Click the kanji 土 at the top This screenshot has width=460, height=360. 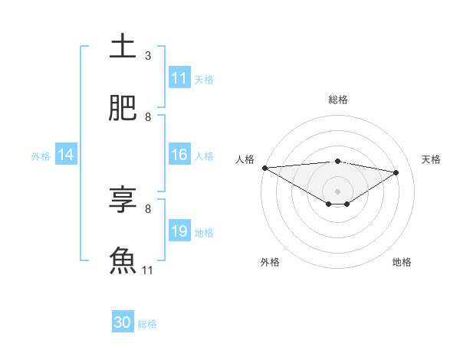123,47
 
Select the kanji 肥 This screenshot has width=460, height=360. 123,109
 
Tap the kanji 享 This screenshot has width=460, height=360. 123,200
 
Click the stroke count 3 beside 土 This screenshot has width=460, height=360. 148,56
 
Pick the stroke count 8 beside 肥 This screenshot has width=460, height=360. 148,117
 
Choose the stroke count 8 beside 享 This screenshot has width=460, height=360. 148,208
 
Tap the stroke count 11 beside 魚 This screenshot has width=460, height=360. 148,270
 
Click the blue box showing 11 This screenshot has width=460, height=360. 179,78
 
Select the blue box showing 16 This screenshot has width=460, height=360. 179,155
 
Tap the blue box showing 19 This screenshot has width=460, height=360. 179,231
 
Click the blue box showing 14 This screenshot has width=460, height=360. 66,155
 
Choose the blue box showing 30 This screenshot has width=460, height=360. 123,322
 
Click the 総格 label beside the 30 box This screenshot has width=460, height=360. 147,324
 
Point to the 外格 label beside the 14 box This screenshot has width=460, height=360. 41,155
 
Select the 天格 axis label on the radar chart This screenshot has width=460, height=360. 432,159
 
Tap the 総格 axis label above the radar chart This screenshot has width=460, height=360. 338,100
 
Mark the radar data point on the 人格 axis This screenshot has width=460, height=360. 264,168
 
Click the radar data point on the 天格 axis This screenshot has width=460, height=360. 396,172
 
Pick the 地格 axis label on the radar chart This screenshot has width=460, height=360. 402,262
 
